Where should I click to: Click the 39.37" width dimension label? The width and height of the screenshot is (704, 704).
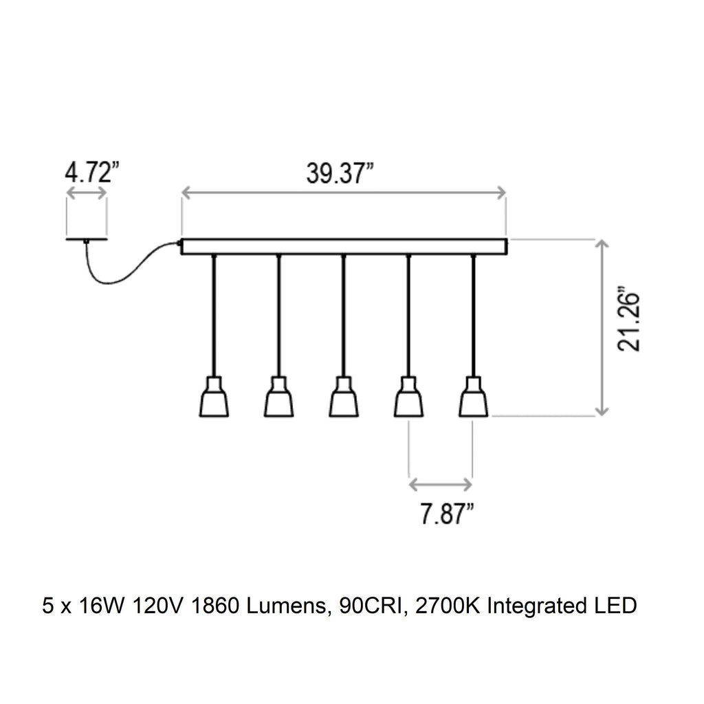(x=340, y=175)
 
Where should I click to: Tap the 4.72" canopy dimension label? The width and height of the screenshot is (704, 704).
(x=88, y=172)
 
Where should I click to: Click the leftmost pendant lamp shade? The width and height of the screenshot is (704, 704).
(x=214, y=398)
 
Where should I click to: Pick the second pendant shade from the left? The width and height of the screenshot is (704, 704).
(x=278, y=398)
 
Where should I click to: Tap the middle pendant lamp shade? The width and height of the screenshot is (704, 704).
(x=343, y=398)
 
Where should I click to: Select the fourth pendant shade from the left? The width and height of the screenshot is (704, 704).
(x=408, y=398)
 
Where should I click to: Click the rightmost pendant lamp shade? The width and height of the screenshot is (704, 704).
(x=473, y=398)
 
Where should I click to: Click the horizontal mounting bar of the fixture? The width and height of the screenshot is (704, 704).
(x=344, y=247)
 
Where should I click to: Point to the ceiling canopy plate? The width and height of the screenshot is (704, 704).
(x=87, y=239)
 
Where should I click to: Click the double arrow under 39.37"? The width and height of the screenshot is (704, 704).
(x=344, y=195)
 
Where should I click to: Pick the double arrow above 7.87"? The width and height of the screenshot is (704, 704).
(x=441, y=485)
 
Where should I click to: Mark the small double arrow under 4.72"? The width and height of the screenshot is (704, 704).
(x=87, y=194)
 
